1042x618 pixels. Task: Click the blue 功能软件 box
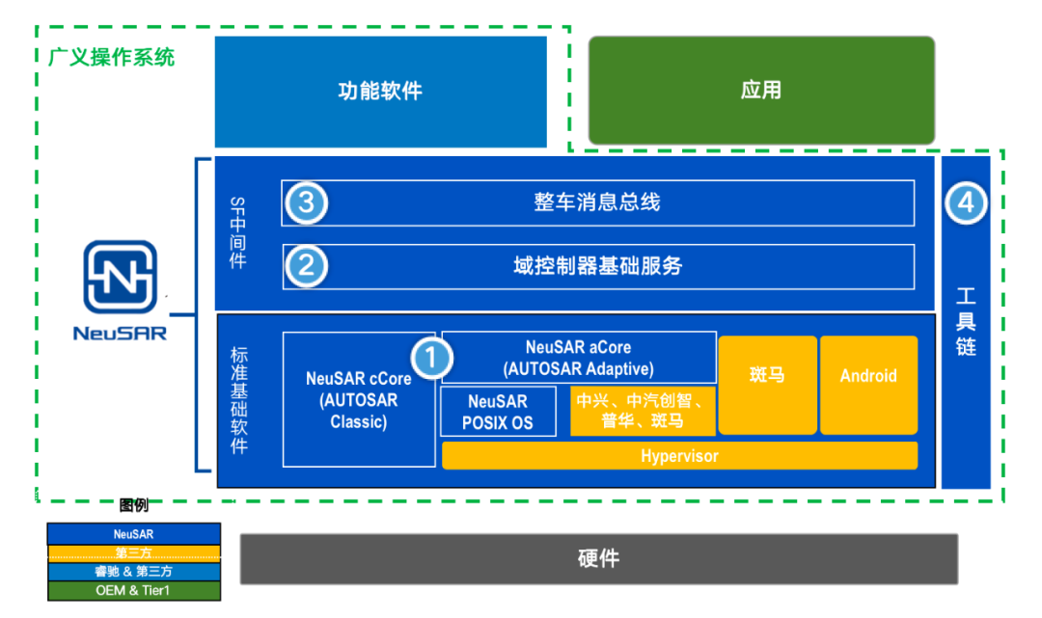pyautogui.click(x=380, y=92)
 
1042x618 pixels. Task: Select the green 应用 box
pyautogui.click(x=761, y=92)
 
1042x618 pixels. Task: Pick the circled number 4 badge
pyautogui.click(x=967, y=203)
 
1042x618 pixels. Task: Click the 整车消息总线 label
pyautogui.click(x=597, y=202)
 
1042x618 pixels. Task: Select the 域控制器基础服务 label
pyautogui.click(x=597, y=265)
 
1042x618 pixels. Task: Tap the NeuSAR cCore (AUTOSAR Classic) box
pyautogui.click(x=358, y=400)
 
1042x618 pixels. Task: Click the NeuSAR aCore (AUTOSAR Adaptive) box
pyautogui.click(x=578, y=358)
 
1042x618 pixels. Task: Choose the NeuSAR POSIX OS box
pyautogui.click(x=498, y=412)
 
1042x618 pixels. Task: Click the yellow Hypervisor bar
pyautogui.click(x=679, y=456)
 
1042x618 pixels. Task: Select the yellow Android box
pyautogui.click(x=868, y=385)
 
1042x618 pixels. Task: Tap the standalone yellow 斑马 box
pyautogui.click(x=767, y=385)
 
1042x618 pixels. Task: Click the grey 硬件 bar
pyautogui.click(x=598, y=559)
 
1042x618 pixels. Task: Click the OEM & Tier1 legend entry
pyautogui.click(x=133, y=590)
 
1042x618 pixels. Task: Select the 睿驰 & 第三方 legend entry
pyautogui.click(x=133, y=571)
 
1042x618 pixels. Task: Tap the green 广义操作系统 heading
pyautogui.click(x=112, y=58)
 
